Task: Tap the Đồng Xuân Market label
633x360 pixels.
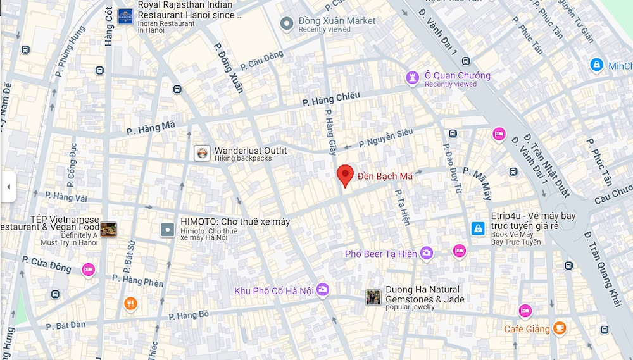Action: [x=337, y=21]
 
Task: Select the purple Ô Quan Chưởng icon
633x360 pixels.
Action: [x=413, y=77]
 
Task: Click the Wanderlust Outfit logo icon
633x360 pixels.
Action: [x=202, y=153]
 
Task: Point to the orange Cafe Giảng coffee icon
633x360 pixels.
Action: [x=559, y=328]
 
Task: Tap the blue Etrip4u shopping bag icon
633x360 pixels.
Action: [x=478, y=228]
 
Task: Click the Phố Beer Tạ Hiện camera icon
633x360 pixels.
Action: [x=427, y=253]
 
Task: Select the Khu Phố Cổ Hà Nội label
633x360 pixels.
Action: [x=274, y=291]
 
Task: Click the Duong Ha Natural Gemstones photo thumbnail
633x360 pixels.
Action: [x=373, y=297]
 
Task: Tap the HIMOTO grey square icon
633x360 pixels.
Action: [x=168, y=230]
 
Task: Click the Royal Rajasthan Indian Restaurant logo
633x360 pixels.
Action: [x=125, y=16]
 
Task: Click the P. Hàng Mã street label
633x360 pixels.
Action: [x=150, y=128]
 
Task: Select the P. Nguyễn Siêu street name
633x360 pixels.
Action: [x=385, y=139]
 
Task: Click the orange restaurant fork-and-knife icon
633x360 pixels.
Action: [x=130, y=304]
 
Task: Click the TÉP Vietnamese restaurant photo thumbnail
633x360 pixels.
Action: [x=108, y=230]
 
